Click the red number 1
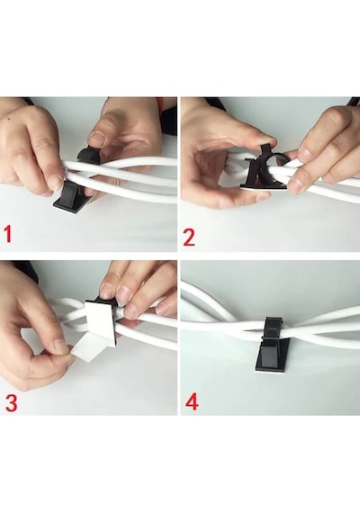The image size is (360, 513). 8,234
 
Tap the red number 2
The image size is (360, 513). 189,238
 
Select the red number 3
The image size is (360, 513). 11,402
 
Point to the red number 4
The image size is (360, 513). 192,401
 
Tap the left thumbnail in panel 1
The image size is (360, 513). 56,182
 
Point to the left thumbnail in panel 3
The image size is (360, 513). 60,346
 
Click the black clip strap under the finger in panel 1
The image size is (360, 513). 88,156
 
